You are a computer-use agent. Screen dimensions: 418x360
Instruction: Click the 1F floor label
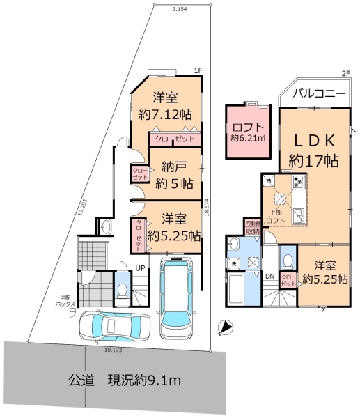(x=198, y=70)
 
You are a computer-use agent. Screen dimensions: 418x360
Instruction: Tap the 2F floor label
(x=345, y=73)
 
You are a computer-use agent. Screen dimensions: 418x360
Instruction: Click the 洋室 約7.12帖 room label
(x=165, y=105)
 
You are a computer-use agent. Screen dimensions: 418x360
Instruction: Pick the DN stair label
(x=270, y=276)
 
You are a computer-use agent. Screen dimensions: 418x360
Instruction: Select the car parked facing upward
(x=174, y=295)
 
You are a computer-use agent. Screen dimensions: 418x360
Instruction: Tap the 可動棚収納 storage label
(x=251, y=227)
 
